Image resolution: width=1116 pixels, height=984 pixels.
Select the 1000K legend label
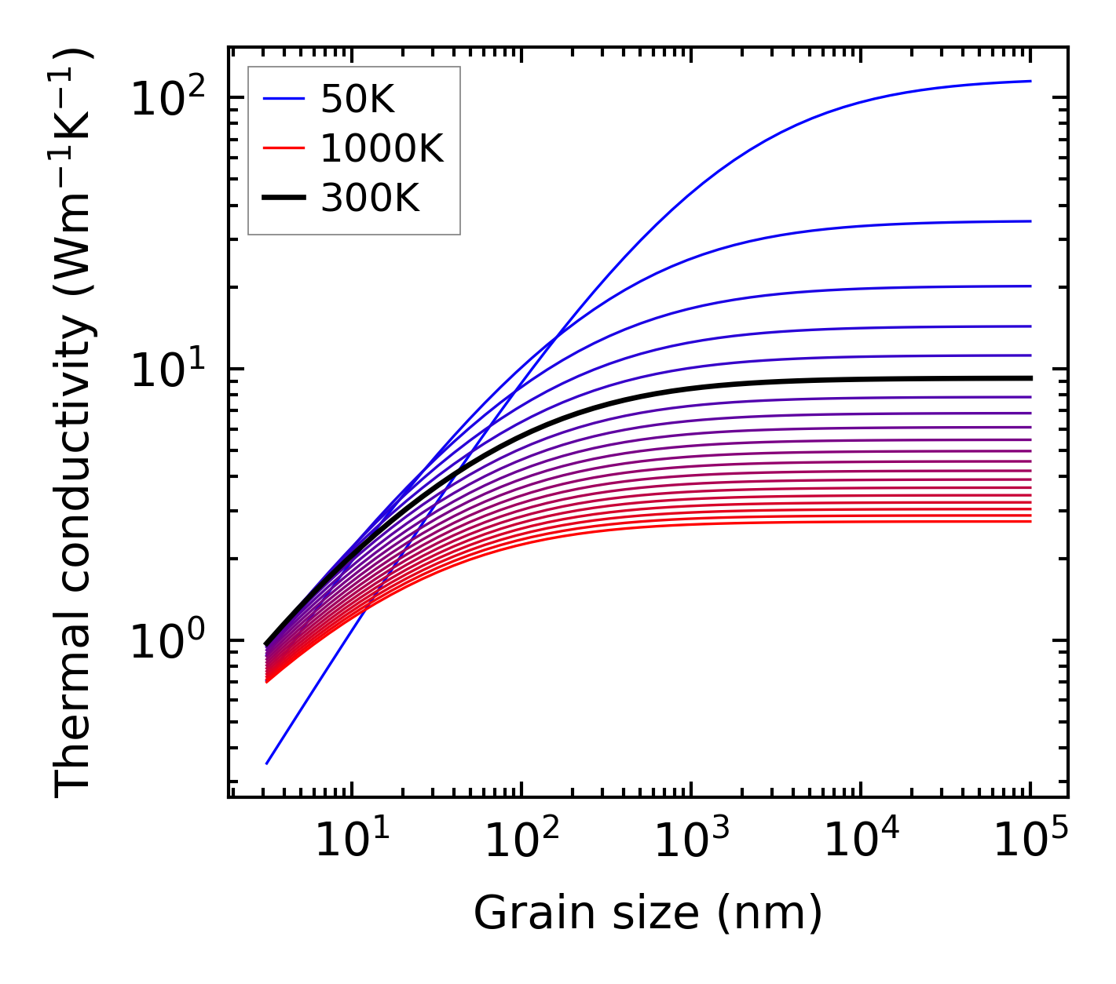tap(382, 148)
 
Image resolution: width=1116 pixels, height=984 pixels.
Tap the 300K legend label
tap(370, 199)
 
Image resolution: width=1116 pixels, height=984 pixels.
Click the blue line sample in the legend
tap(284, 99)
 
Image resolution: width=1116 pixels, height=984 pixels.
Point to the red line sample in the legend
tap(284, 148)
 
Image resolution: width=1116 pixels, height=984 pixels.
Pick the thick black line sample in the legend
tap(284, 199)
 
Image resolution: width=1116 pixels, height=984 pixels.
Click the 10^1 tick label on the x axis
tap(351, 841)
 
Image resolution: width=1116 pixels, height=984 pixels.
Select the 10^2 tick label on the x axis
tap(521, 841)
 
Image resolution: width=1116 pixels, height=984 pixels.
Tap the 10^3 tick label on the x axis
tap(690, 841)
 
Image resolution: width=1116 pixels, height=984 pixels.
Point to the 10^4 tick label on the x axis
tap(861, 841)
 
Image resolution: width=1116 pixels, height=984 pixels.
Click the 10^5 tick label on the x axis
tap(1030, 841)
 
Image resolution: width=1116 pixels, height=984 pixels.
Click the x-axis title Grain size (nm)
tap(648, 913)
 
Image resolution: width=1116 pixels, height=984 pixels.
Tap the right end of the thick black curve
tap(1030, 378)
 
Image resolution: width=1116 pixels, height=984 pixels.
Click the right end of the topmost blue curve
tap(1030, 81)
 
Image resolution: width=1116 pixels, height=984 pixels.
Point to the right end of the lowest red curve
tap(1030, 522)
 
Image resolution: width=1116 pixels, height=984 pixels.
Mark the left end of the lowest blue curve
tap(267, 763)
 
